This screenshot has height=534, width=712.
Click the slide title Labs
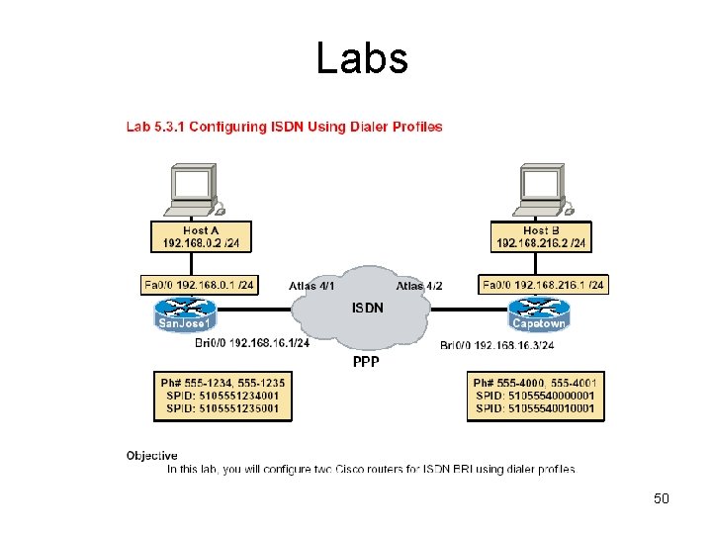tap(362, 58)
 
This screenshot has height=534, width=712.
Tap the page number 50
tap(662, 498)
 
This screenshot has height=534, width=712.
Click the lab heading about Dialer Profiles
tap(284, 127)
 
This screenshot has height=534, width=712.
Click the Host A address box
tap(202, 236)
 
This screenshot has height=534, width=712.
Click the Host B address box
tap(541, 236)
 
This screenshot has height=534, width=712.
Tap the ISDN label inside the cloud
tap(368, 308)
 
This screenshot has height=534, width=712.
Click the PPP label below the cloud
tap(366, 362)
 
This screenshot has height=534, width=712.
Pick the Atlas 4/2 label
tap(419, 286)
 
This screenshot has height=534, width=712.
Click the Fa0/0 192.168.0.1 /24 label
tap(199, 285)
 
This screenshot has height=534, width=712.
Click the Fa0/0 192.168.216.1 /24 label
tap(542, 285)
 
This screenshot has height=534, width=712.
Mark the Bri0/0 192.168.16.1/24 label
tap(252, 343)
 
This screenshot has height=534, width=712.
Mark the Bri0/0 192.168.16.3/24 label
tap(496, 345)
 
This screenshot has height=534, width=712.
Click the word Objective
tap(151, 456)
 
